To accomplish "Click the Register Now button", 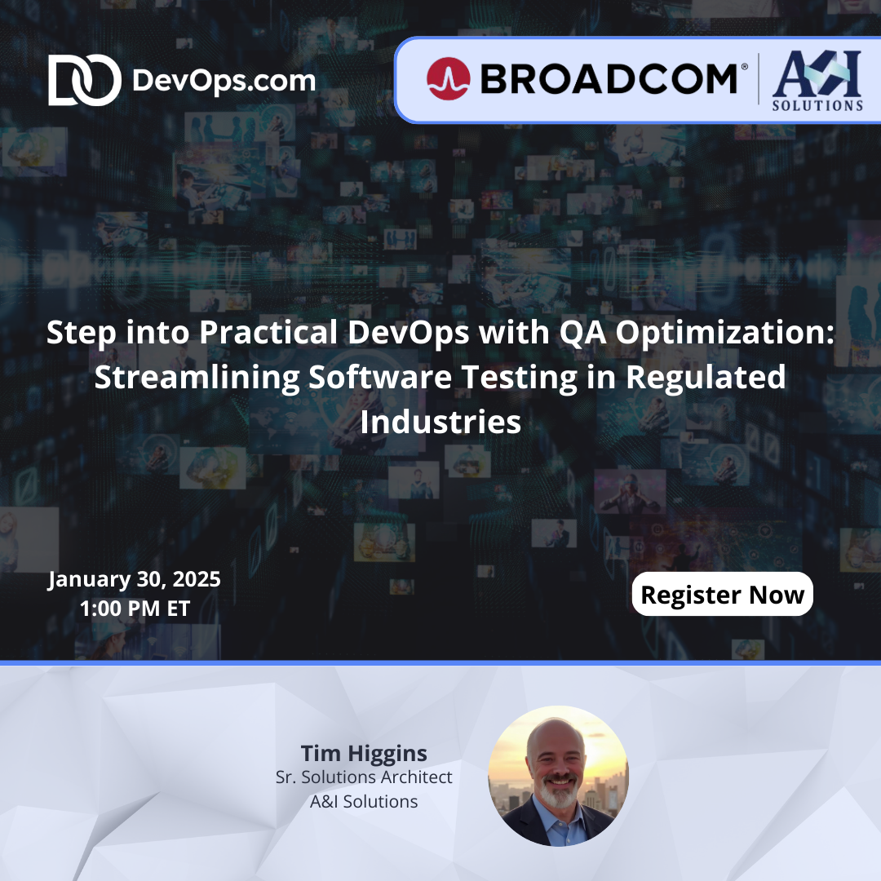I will [x=722, y=595].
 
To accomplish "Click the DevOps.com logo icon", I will [x=73, y=81].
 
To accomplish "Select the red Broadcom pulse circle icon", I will [x=448, y=79].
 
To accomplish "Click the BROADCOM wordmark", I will [x=608, y=79].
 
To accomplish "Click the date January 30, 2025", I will [x=135, y=580].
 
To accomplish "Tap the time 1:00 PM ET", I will [x=135, y=609].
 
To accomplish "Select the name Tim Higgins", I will [x=364, y=752].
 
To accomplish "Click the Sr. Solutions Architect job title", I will [x=364, y=777].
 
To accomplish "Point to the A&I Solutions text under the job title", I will [x=364, y=802].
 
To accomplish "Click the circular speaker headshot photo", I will [x=558, y=776].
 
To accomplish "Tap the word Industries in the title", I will [x=440, y=423].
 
